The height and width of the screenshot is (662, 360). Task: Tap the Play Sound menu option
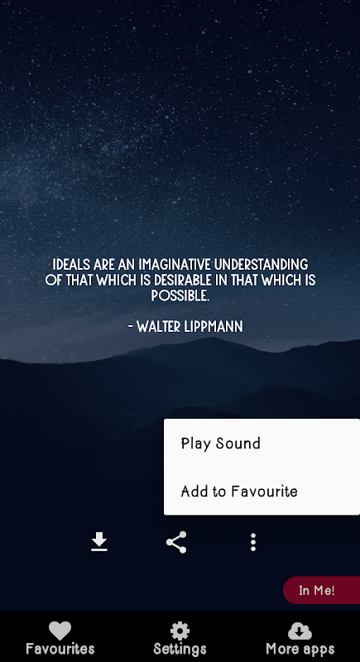click(221, 444)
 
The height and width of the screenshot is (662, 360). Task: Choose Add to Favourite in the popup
click(239, 491)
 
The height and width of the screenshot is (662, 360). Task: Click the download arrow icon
click(99, 542)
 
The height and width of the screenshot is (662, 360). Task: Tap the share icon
click(176, 542)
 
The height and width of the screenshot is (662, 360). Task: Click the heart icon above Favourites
click(60, 631)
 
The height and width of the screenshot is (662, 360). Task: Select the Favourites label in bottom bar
click(60, 649)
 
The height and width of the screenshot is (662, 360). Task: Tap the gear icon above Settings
click(180, 631)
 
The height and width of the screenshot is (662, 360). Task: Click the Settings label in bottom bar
click(180, 649)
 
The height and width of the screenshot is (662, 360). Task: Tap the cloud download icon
click(300, 631)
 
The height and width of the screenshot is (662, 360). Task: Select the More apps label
click(300, 649)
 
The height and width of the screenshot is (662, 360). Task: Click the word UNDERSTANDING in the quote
click(262, 265)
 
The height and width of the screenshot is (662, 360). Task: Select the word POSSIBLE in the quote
click(180, 295)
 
